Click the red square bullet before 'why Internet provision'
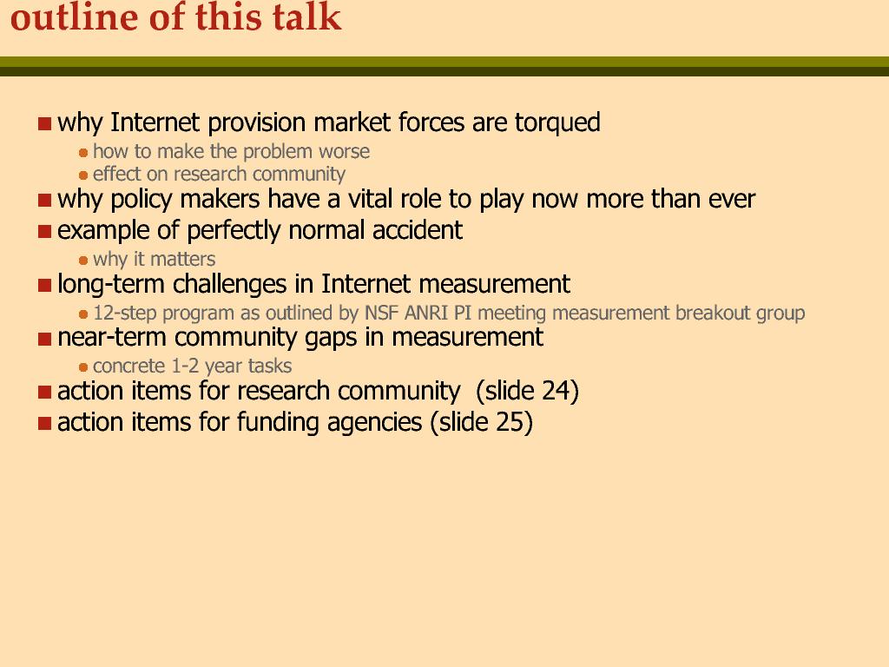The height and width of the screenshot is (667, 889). tap(45, 123)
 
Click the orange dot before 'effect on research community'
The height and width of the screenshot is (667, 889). tap(83, 175)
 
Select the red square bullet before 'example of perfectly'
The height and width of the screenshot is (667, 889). tap(45, 231)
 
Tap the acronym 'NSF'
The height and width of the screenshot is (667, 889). tap(382, 313)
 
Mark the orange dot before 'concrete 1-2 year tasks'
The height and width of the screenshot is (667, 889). tap(83, 367)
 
